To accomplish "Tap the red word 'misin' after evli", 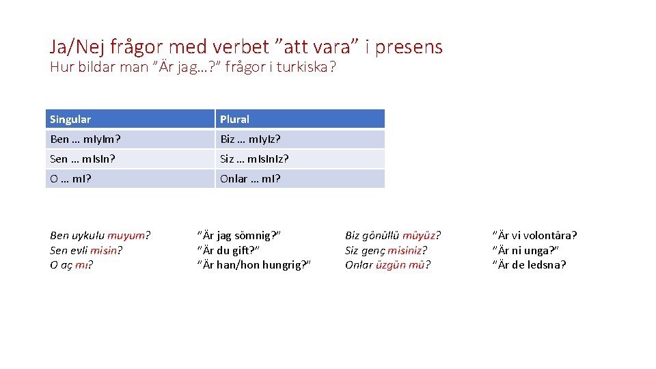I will pyautogui.click(x=104, y=251).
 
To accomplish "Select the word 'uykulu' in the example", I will pyautogui.click(x=88, y=236).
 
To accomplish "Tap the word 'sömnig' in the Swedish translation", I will pyautogui.click(x=253, y=236).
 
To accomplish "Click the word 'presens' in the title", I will pyautogui.click(x=410, y=46).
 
